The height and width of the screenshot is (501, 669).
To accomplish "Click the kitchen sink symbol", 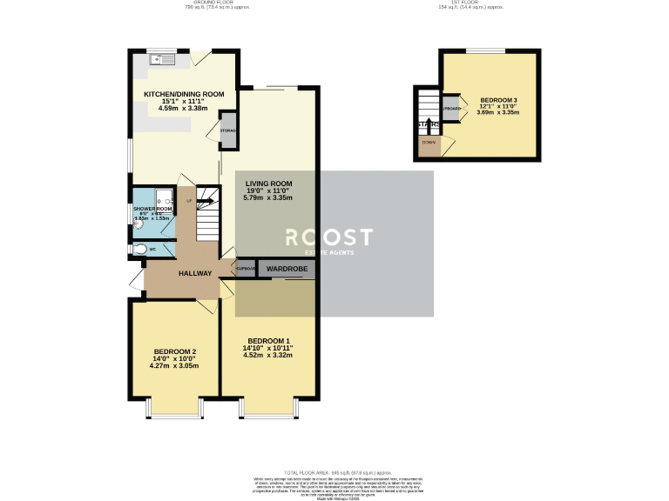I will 162,60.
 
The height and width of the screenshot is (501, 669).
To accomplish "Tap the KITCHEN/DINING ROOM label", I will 184,94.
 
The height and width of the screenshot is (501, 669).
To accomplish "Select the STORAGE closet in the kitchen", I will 227,130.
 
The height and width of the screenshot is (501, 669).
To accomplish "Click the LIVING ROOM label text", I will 268,184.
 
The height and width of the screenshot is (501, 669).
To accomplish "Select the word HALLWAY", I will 195,273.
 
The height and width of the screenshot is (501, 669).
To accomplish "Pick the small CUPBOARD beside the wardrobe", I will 245,269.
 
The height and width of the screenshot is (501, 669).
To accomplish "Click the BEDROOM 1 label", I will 268,340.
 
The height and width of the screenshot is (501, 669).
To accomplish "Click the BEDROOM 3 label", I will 497,101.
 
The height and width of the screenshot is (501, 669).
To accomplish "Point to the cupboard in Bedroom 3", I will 451,108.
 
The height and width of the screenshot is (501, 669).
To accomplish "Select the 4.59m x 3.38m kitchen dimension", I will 184,110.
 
